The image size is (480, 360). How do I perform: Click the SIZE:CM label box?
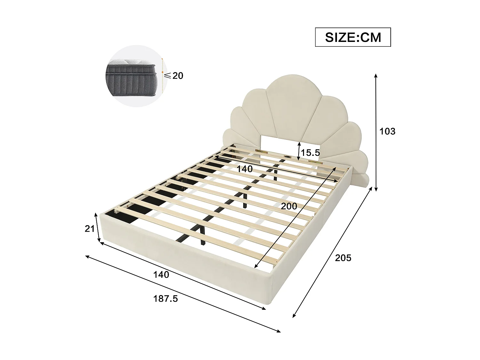(353, 37)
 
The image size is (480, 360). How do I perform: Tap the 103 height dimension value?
(387, 131)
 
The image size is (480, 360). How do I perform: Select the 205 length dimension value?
(343, 258)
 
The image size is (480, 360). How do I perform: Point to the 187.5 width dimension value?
(165, 299)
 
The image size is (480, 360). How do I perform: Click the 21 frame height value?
(90, 228)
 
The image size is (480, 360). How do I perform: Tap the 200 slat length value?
(289, 206)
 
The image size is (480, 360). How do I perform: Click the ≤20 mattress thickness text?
(174, 76)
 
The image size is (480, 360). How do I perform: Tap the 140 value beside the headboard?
(244, 169)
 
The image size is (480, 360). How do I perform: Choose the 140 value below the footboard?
(161, 274)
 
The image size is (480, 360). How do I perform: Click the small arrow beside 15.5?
(299, 151)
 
